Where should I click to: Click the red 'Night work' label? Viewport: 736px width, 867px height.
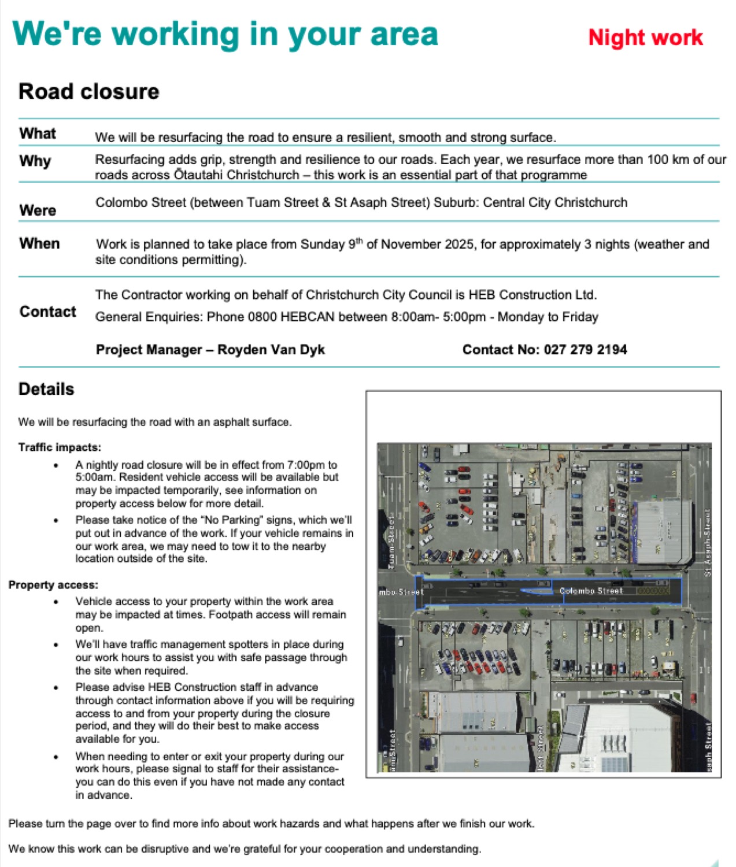645,38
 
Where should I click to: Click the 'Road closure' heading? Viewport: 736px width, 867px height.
88,91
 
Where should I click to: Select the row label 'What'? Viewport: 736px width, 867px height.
38,134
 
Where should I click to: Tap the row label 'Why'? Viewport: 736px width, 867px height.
35,161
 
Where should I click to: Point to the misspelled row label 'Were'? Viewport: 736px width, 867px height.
38,210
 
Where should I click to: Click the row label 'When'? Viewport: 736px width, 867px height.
39,243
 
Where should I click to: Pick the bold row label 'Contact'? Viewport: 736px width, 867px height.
47,312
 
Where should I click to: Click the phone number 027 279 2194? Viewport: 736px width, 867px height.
586,350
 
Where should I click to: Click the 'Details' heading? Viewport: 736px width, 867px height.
46,389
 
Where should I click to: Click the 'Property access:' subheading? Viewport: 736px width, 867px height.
53,585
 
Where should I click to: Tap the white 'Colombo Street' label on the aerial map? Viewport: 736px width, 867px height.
591,591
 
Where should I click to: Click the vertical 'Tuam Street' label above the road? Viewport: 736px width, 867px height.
391,542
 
